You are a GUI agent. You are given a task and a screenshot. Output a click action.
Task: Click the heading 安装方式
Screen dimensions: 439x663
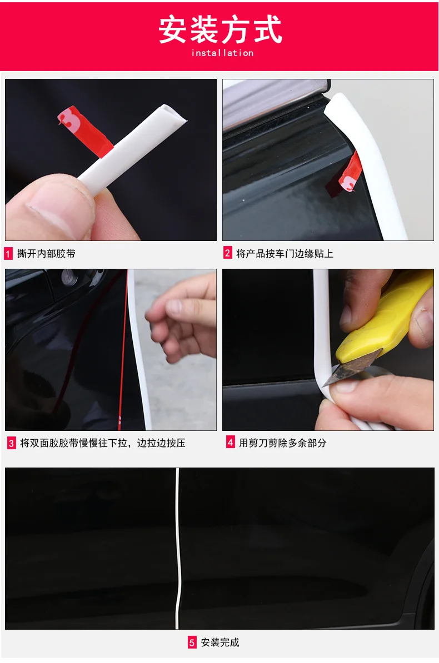220,29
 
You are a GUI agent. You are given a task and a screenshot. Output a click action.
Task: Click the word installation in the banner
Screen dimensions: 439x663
222,53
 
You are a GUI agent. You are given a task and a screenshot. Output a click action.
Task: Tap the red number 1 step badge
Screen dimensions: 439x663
8,254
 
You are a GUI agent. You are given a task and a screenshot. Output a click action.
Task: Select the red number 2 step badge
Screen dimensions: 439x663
228,253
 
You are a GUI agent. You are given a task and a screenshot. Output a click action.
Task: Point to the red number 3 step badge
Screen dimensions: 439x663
12,443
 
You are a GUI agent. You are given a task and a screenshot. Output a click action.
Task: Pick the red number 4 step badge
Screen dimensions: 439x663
230,443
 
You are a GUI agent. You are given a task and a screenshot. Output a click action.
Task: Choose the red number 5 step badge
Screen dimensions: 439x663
192,642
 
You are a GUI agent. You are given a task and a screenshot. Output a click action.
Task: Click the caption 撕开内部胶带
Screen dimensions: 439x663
46,254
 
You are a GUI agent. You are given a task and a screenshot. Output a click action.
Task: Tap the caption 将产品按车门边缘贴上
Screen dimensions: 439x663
285,254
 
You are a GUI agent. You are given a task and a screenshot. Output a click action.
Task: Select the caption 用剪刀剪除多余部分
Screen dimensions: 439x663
283,443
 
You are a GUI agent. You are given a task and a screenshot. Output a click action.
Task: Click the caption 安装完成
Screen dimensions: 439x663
219,642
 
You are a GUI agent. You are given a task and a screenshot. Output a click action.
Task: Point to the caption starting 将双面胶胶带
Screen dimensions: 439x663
103,443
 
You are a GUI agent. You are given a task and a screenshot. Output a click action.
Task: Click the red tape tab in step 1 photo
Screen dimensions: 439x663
84,130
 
